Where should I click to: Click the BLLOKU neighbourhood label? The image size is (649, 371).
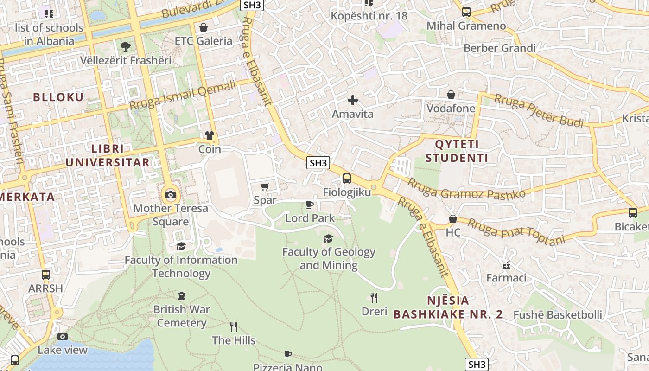[58, 97]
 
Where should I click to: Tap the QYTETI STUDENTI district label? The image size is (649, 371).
[457, 151]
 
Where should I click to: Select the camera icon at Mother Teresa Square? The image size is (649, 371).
[171, 195]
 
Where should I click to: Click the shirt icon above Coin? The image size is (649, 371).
[210, 135]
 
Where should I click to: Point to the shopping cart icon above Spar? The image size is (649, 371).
[265, 186]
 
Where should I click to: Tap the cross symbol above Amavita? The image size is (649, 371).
[353, 100]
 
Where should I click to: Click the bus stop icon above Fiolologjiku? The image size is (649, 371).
[347, 179]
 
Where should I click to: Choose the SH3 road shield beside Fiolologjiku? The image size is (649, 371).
[318, 163]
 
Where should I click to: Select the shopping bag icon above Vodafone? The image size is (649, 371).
[451, 95]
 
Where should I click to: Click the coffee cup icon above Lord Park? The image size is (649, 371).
[310, 205]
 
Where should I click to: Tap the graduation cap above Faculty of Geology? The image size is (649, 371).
[329, 238]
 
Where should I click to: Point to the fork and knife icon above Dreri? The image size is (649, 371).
[374, 297]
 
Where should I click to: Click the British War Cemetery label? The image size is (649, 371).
[182, 316]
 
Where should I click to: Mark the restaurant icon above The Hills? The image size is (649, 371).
[234, 327]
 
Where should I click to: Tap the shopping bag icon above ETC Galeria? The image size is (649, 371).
[203, 27]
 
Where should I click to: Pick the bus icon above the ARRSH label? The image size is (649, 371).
[45, 275]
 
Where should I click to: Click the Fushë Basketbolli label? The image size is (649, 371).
[558, 315]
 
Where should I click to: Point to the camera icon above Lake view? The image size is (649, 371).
[63, 336]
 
